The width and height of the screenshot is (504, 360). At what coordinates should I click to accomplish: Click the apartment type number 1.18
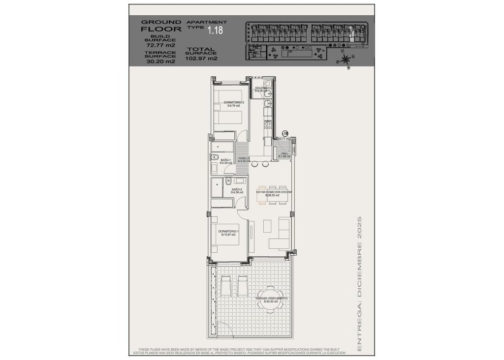coord(215,31)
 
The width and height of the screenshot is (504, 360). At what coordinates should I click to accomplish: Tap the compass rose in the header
coord(346,59)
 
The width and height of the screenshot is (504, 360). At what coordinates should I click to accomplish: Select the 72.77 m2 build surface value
coord(159,45)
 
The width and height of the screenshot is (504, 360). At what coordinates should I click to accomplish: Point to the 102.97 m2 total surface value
coord(201,58)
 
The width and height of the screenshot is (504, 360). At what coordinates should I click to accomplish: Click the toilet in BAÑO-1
coord(215,157)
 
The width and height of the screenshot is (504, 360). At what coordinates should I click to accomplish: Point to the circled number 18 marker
coord(285,133)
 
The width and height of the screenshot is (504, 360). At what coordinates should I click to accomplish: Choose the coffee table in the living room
coord(267,226)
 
